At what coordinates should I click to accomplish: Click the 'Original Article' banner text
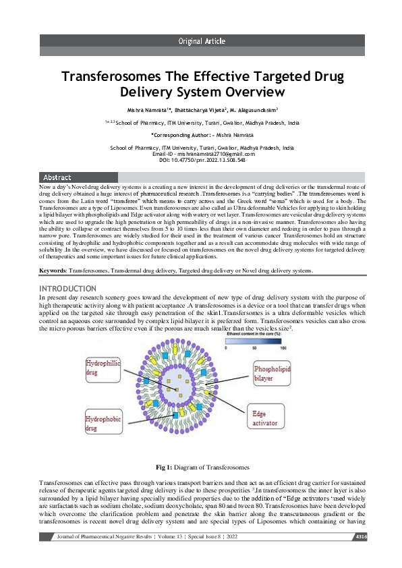click(x=201, y=41)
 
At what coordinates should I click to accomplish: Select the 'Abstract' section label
click(x=57, y=177)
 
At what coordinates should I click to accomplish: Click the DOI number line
click(x=201, y=160)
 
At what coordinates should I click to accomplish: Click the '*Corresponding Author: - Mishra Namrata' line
click(x=201, y=135)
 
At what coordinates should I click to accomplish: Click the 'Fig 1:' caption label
click(x=165, y=467)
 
